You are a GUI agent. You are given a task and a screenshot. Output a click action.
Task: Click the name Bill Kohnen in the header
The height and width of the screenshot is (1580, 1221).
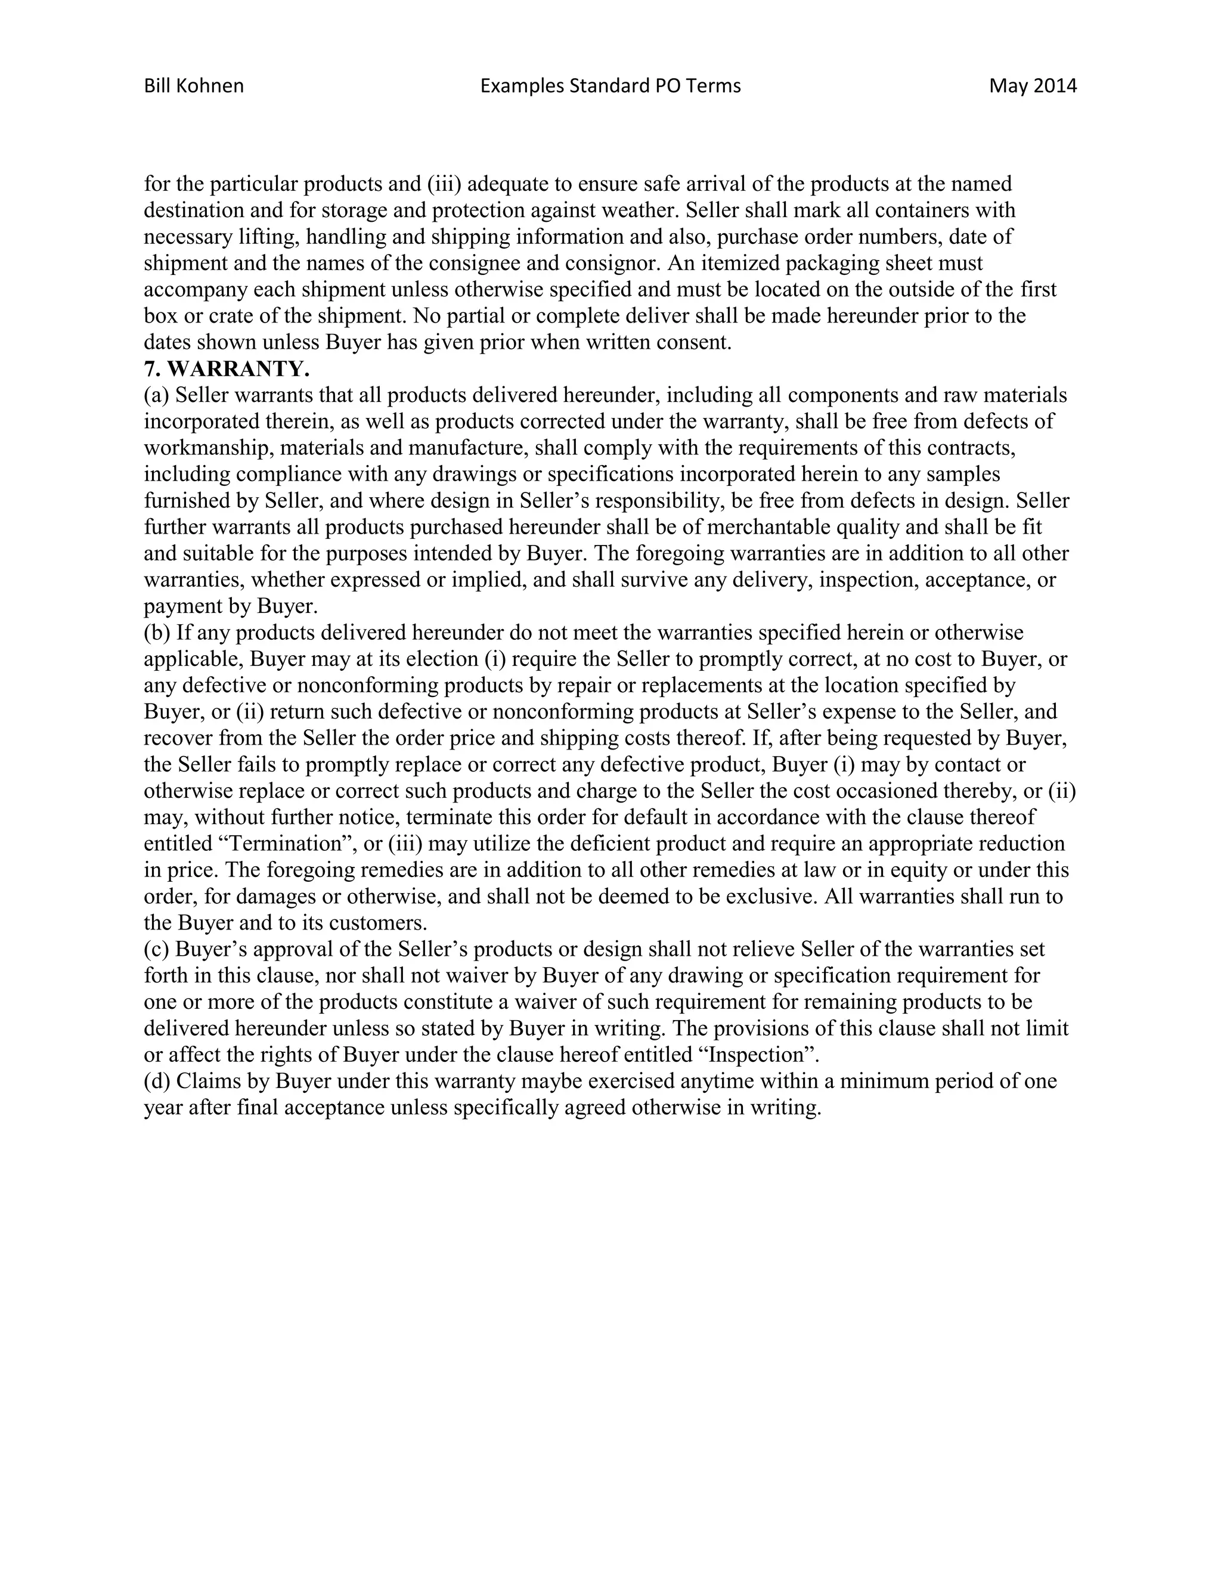click(194, 86)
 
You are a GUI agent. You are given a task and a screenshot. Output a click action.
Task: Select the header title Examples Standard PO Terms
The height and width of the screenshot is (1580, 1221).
click(610, 86)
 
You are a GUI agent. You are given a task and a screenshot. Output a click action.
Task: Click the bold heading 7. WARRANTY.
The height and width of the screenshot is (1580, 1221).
click(227, 369)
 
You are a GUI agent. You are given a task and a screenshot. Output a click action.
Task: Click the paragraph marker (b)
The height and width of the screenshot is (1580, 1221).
click(157, 633)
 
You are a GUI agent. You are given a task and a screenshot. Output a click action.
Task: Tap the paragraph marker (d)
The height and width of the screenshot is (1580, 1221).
click(157, 1081)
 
